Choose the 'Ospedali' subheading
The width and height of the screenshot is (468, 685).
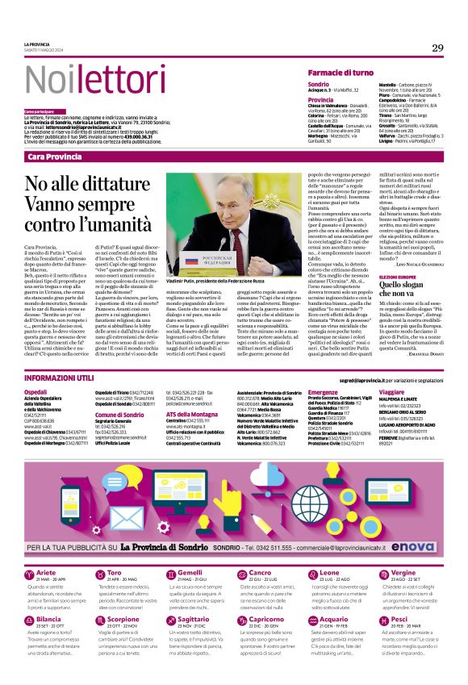37,391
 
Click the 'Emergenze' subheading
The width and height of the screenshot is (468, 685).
323,391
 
